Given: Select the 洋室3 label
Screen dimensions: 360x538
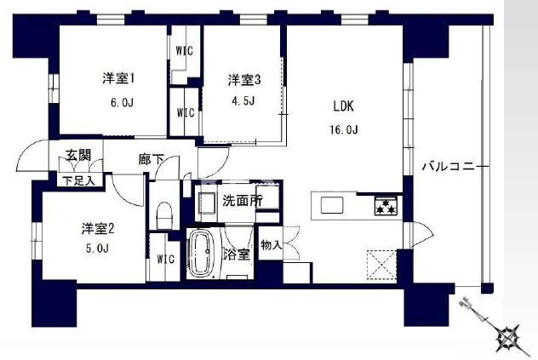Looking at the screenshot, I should tap(243, 80).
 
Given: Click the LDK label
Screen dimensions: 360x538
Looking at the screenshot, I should tap(343, 107).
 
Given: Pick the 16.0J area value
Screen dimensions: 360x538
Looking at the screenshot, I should tap(344, 129).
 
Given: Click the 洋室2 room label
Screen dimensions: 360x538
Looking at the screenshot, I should tap(98, 228).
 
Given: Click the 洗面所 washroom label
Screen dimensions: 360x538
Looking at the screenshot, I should tap(242, 202).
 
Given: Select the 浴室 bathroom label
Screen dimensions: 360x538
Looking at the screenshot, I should tap(237, 254).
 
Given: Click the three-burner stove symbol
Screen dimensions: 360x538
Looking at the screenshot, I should tap(386, 205).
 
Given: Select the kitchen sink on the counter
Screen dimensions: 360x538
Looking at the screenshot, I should tap(332, 205).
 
